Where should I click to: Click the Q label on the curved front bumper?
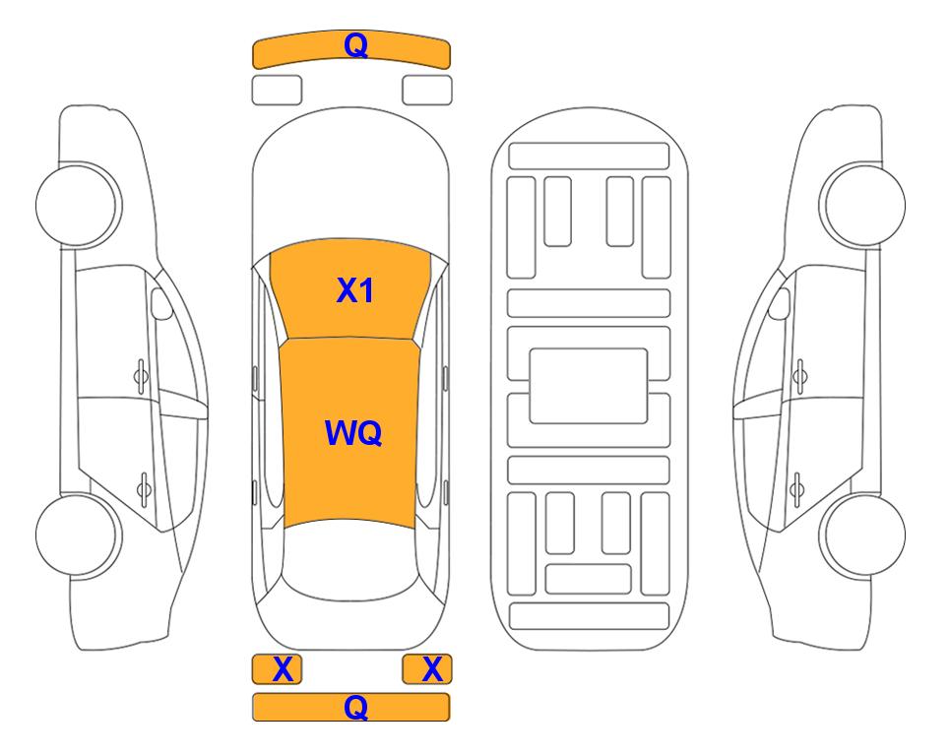point(355,45)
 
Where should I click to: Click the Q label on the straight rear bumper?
point(355,707)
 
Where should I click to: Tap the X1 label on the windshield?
point(355,290)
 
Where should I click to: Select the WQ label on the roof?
point(353,433)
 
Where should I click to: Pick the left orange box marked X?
point(277,669)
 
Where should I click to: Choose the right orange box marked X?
point(427,669)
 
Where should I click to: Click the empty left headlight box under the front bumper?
point(277,91)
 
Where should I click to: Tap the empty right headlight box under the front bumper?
point(427,91)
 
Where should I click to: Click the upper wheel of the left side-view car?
point(77,205)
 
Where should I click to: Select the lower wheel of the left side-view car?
point(77,535)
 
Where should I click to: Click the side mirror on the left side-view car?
point(160,303)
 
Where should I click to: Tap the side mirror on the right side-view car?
point(780,303)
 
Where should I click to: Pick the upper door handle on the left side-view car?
point(141,376)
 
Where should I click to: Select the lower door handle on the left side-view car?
point(144,488)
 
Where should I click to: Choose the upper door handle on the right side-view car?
point(800,376)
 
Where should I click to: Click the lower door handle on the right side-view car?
point(796,488)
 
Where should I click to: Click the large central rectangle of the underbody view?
point(589,386)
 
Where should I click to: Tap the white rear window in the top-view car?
point(349,561)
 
